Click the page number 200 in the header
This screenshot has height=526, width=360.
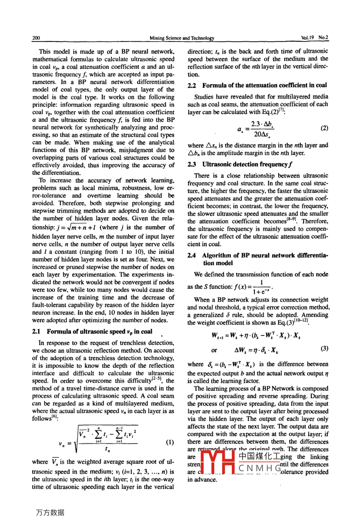tap(36, 38)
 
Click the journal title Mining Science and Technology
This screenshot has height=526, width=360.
tap(182, 38)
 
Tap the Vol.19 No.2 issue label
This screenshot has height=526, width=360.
tap(315, 38)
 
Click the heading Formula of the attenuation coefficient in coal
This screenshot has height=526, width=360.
tap(264, 85)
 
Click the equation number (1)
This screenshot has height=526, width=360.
tap(170, 442)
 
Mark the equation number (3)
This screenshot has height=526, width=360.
tap(324, 349)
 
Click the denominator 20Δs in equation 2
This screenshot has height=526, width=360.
tap(262, 134)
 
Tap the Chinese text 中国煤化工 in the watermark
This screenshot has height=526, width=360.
tap(260, 457)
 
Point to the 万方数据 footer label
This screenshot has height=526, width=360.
tap(50, 513)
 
